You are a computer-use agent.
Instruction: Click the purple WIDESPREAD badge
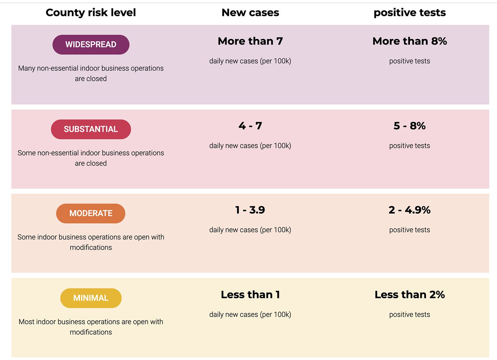tap(91, 45)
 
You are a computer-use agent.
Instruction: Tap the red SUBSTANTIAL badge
tap(91, 129)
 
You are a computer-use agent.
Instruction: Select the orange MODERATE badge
tap(91, 213)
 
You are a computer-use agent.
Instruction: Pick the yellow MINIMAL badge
tap(91, 298)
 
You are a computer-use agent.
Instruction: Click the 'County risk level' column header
tap(91, 13)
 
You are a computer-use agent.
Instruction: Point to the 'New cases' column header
tap(250, 13)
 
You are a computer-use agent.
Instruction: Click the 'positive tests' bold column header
tap(410, 13)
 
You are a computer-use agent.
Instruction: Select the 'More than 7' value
tap(250, 41)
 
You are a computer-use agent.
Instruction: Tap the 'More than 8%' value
tap(410, 41)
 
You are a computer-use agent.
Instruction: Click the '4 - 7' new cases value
tap(250, 126)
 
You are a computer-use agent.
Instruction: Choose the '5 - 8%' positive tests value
tap(410, 126)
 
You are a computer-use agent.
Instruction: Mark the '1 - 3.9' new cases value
tap(250, 210)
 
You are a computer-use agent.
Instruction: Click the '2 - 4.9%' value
tap(410, 210)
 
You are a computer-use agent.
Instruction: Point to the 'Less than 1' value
tap(250, 295)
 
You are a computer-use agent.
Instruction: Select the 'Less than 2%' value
tap(410, 295)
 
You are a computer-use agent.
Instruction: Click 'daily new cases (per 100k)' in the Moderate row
tap(250, 230)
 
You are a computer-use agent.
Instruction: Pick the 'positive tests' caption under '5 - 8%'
tap(410, 146)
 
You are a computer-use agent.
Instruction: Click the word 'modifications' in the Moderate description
tap(91, 248)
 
